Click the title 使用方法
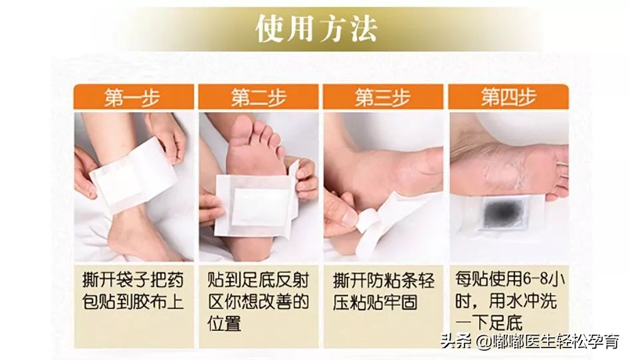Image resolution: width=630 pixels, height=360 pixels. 316,29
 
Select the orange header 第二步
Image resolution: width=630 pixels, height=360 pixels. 259,98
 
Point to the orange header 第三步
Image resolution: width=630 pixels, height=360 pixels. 383,98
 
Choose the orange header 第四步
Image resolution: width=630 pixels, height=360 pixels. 508,98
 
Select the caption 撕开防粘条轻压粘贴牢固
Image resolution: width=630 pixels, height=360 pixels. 383,290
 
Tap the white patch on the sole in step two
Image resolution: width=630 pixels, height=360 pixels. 255,204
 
